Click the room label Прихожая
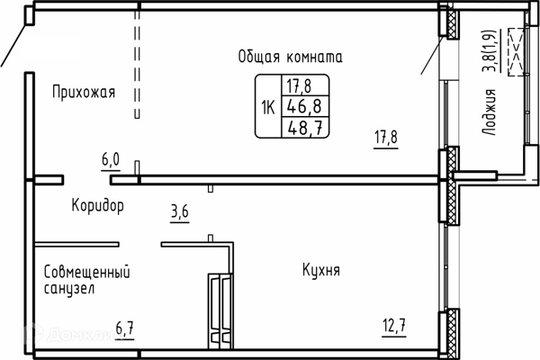pos(83,91)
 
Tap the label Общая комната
pos(291,57)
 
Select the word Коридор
pos(97,206)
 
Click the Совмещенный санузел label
pos(86,280)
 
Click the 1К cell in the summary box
pos(268,107)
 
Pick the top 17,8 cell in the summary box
pos(300,86)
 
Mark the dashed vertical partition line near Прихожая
pos(138,63)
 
